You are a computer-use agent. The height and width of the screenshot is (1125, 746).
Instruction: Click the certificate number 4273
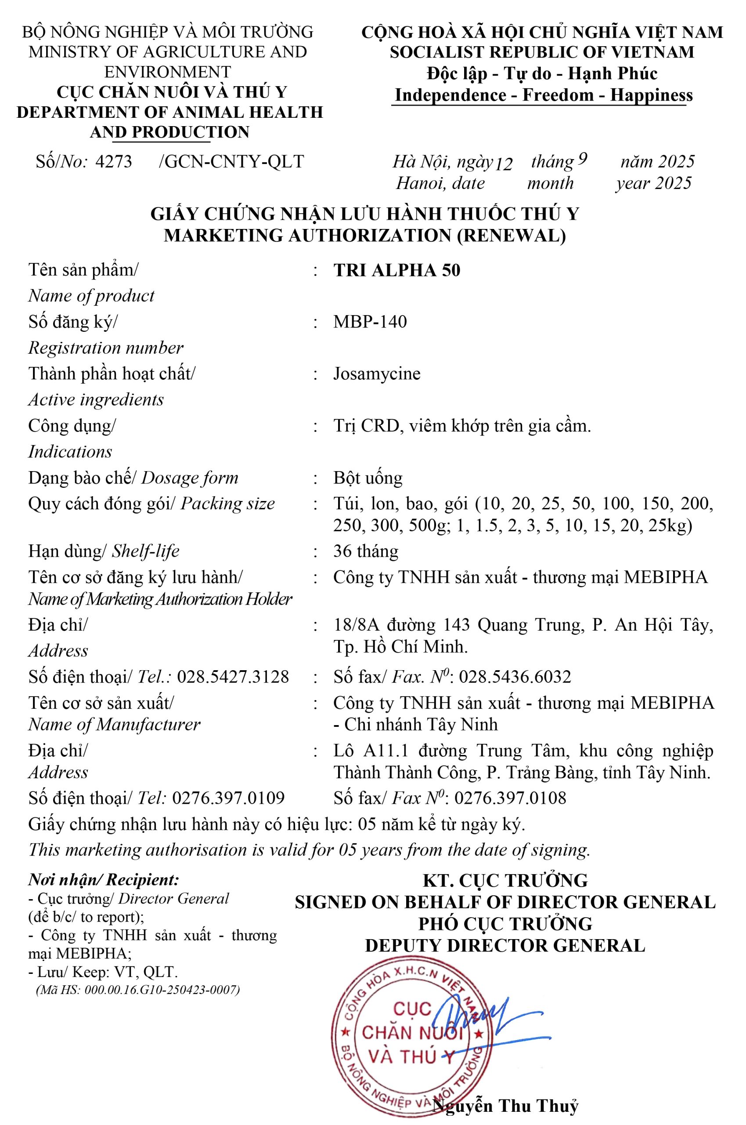pyautogui.click(x=114, y=162)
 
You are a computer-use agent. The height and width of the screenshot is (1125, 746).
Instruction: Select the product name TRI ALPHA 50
pyautogui.click(x=397, y=270)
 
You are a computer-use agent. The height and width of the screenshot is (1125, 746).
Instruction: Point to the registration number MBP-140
pyautogui.click(x=370, y=322)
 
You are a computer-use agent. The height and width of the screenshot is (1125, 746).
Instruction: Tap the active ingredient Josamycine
pyautogui.click(x=377, y=374)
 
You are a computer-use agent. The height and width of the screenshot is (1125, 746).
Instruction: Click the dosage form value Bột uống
pyautogui.click(x=368, y=478)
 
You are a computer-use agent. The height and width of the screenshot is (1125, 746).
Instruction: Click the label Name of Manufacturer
pyautogui.click(x=114, y=725)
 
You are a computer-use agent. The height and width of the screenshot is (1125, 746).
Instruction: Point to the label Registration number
pyautogui.click(x=106, y=348)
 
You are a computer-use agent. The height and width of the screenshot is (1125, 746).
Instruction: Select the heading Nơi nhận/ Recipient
pyautogui.click(x=104, y=879)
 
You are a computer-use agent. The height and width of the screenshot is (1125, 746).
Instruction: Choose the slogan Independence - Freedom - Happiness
pyautogui.click(x=544, y=95)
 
